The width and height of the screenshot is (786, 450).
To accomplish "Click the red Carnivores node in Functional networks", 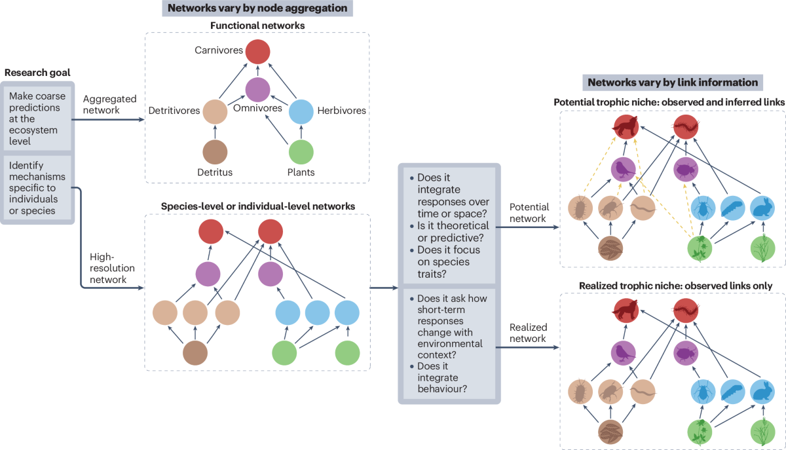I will [256, 52].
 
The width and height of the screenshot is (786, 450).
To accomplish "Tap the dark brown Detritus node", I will [214, 151].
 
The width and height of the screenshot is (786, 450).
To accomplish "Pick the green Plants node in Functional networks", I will [302, 151].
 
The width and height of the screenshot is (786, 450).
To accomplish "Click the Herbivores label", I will [342, 111].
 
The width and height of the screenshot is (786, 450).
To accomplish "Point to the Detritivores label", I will [174, 111].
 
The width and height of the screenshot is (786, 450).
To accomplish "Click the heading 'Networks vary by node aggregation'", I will [256, 9].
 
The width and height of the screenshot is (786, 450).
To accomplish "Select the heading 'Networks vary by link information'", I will [673, 83].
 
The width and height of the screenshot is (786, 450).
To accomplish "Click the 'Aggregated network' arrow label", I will [110, 104].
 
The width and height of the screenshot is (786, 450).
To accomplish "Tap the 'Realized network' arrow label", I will [528, 333].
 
